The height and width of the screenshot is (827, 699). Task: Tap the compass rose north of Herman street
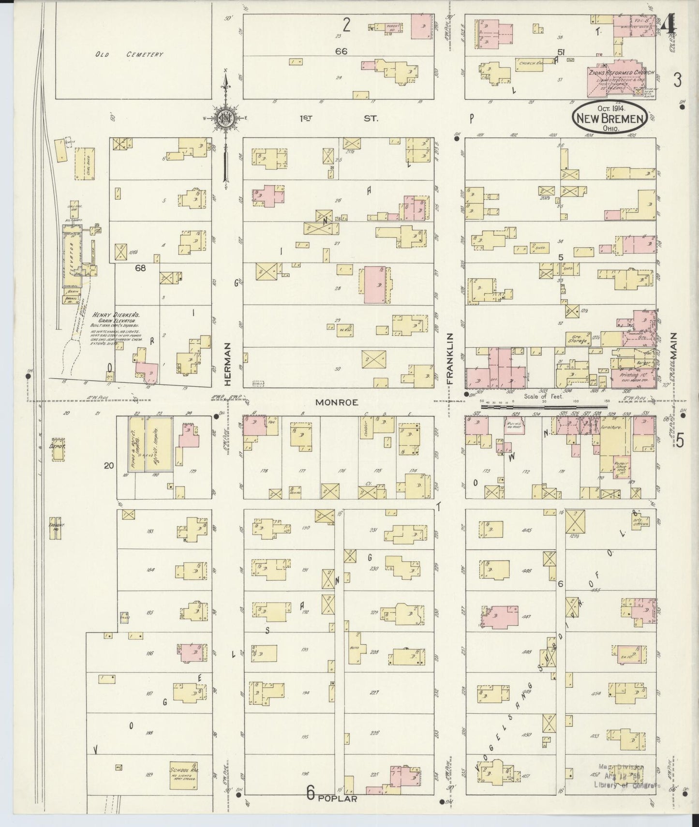[225, 118]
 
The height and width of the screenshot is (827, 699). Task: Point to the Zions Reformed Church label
[622, 73]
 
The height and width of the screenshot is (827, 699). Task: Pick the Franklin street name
[449, 358]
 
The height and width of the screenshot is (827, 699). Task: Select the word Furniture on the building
[611, 428]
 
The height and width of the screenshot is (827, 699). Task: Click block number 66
[342, 51]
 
